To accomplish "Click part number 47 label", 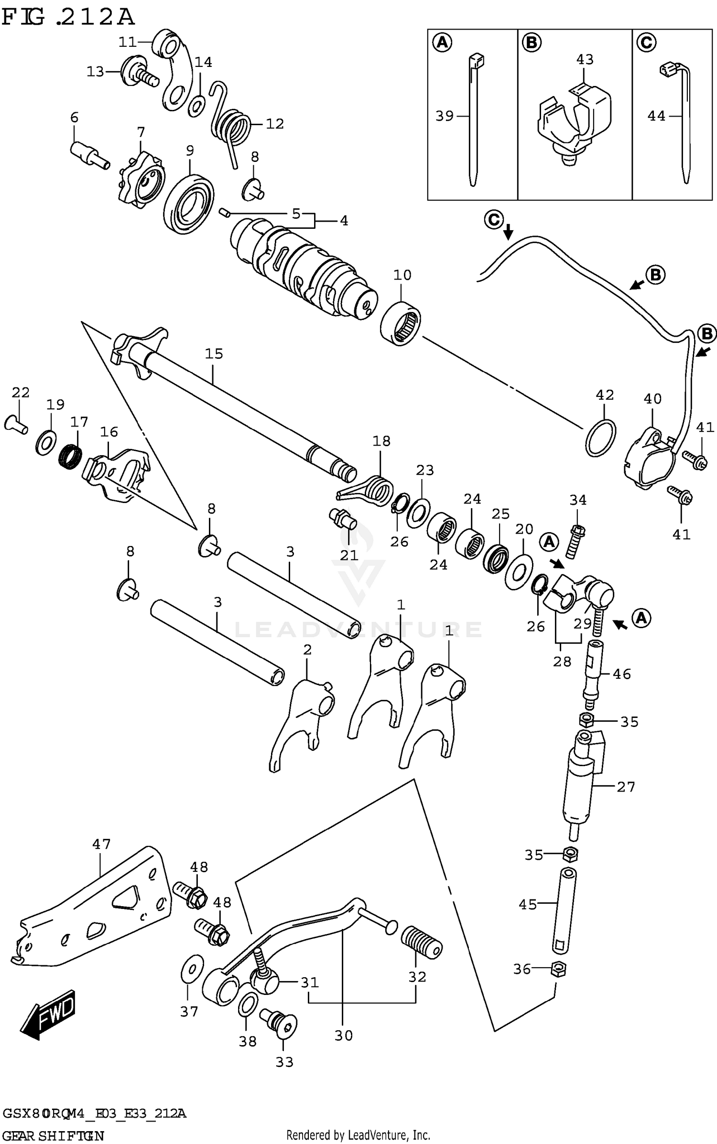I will [x=101, y=844].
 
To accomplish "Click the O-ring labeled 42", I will [x=600, y=438].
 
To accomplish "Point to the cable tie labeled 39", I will [x=472, y=119].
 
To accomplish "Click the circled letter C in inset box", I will [x=646, y=43].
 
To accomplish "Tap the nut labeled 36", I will [x=558, y=969].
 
